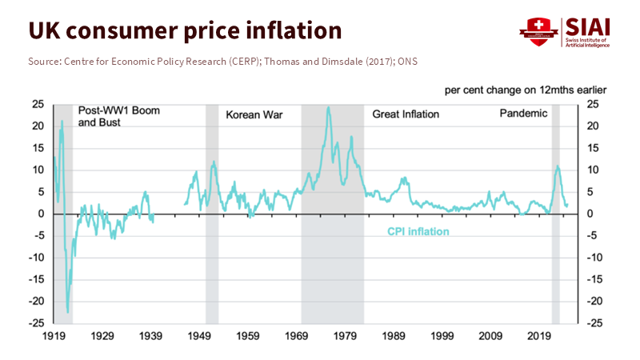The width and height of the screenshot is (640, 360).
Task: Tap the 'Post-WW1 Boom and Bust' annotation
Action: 118,117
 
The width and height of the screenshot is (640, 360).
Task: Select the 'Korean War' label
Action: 254,114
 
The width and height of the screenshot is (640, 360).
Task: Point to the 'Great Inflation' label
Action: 406,114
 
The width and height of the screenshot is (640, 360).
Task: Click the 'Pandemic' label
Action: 523,114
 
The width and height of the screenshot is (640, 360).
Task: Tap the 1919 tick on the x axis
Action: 54,336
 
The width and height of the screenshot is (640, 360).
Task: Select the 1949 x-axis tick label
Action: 199,336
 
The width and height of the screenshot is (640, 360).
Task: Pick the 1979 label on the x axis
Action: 345,336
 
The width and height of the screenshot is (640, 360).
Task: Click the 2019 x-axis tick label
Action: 540,336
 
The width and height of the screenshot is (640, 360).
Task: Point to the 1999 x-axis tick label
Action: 442,336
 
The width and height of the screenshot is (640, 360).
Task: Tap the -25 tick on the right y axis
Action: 596,323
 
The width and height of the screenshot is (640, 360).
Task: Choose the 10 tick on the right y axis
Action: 593,170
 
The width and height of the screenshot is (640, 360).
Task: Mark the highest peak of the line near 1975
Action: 328,106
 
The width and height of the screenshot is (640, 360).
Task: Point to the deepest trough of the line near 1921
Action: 68,312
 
